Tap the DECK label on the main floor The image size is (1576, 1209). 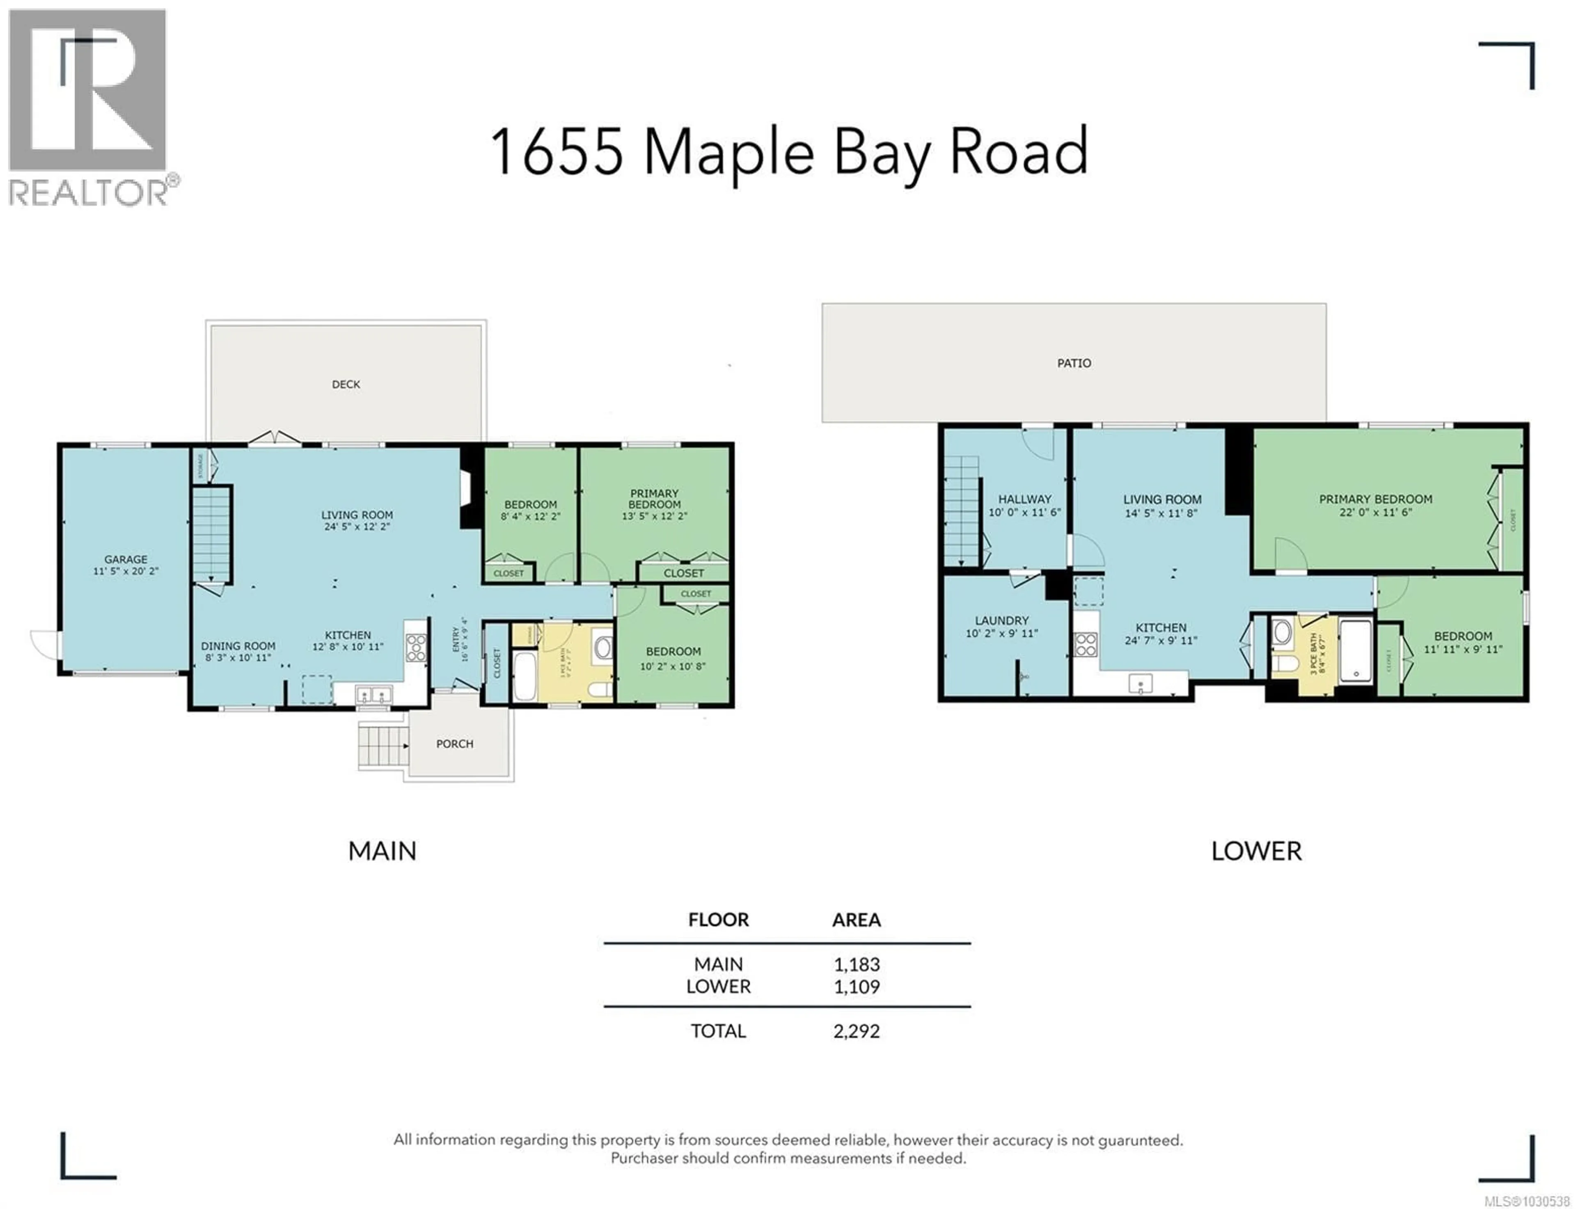346,384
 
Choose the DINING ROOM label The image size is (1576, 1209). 238,646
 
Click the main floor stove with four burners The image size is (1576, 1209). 415,648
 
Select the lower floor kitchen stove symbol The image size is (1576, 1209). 1085,644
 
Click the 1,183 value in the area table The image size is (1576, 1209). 857,964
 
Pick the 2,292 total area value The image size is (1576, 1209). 857,1031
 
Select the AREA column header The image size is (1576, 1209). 857,920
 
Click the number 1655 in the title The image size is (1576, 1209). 556,153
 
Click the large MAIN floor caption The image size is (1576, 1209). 382,851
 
